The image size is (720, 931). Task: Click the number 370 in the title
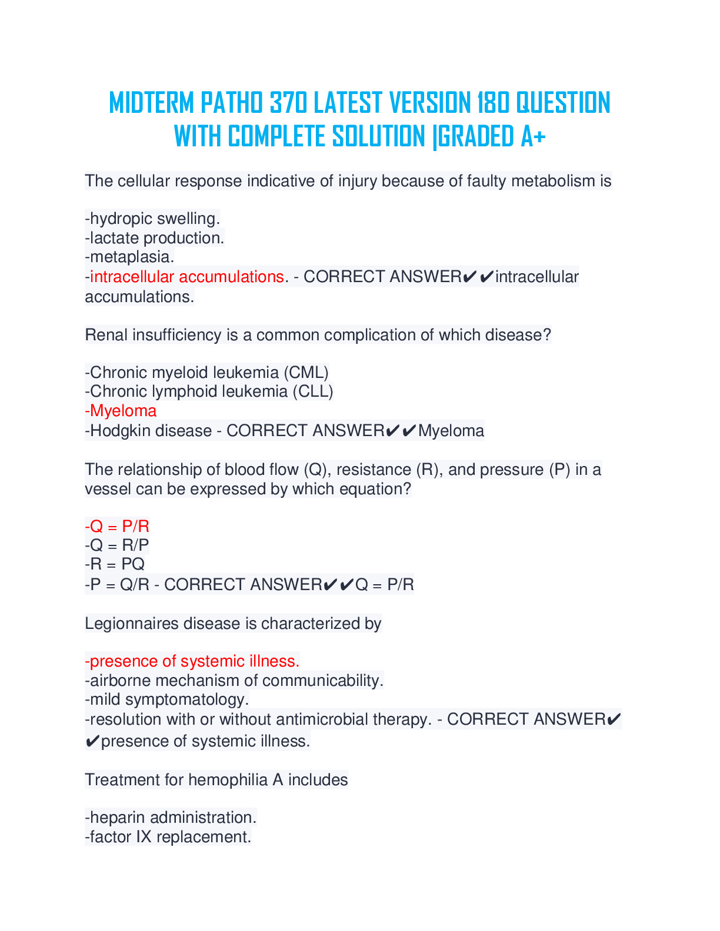[288, 103]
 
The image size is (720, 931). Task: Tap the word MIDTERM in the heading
[151, 103]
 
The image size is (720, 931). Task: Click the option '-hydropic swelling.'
[152, 219]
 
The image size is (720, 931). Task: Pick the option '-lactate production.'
[155, 238]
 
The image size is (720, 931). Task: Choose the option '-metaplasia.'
[129, 257]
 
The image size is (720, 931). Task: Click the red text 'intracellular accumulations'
[187, 277]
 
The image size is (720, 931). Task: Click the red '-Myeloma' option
[121, 411]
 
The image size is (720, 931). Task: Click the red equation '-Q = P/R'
[117, 526]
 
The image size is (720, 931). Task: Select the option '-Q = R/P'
[117, 545]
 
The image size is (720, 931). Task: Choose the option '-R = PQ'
[115, 564]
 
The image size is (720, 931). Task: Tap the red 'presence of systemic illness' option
[192, 661]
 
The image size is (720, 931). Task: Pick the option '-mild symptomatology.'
[167, 699]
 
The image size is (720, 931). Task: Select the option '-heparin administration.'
[171, 818]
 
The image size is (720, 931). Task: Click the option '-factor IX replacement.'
[168, 837]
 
